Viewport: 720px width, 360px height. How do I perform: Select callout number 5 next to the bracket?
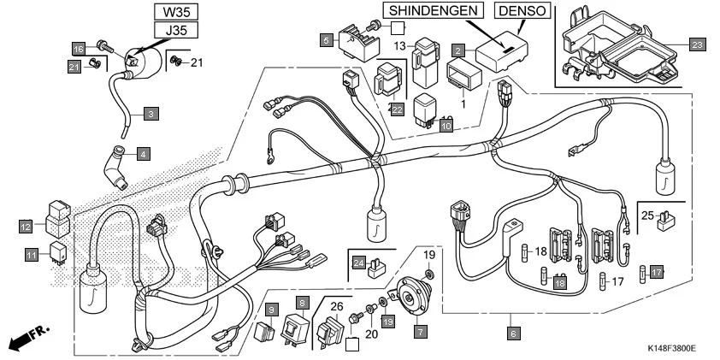click(327, 39)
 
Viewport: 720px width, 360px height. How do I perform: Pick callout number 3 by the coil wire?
click(150, 112)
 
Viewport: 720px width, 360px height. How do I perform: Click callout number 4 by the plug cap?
click(143, 155)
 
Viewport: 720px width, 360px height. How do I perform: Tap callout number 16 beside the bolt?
click(78, 47)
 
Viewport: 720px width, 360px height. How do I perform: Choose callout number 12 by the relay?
click(27, 227)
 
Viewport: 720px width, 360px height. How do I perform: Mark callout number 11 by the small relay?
click(31, 255)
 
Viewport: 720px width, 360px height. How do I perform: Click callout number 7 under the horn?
click(420, 330)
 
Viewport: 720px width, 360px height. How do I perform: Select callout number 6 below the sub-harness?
click(513, 331)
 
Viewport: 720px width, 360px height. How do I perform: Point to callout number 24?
click(358, 263)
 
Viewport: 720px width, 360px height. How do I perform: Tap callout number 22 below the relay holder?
click(396, 109)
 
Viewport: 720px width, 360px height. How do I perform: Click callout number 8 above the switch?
click(302, 303)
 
